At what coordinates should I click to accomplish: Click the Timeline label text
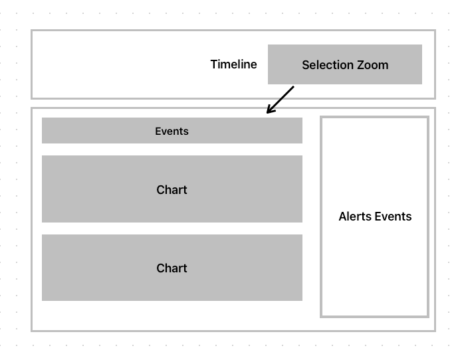point(233,64)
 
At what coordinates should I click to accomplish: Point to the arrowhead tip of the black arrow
point(267,113)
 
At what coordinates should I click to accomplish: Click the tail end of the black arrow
point(293,86)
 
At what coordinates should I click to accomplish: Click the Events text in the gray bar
point(172,132)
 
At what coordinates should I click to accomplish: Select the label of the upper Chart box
point(172,190)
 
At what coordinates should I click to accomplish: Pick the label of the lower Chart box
point(172,268)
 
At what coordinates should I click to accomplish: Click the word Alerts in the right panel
point(355,217)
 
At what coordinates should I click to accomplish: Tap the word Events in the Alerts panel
point(393,217)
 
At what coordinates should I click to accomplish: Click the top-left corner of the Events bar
point(42,118)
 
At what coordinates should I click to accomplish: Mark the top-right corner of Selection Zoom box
point(421,45)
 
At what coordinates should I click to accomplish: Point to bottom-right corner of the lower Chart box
point(302,300)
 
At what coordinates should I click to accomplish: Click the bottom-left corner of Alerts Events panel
point(321,316)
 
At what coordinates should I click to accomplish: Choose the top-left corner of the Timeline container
point(32,31)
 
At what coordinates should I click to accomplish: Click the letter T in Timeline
point(213,64)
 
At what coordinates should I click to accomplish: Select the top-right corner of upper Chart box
point(302,156)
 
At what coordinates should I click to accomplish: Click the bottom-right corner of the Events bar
point(302,143)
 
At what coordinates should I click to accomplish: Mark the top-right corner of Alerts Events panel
point(428,118)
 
